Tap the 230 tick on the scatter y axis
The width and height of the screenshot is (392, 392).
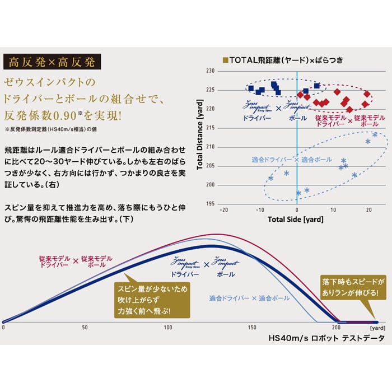tap(211, 71)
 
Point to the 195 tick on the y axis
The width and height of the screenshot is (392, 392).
tap(211, 203)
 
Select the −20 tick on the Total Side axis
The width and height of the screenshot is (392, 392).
tap(224, 210)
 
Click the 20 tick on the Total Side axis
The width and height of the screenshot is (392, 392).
tap(370, 210)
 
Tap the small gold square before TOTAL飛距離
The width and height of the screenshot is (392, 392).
tap(226, 59)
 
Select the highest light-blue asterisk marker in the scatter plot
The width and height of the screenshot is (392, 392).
tap(375, 134)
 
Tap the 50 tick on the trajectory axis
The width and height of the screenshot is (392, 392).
tap(85, 327)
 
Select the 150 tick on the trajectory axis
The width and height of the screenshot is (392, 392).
tap(251, 327)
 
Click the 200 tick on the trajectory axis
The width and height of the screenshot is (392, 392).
tap(336, 327)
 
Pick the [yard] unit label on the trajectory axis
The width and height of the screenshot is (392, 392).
tap(379, 327)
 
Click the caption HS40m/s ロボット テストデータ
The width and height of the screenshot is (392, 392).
tap(326, 339)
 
